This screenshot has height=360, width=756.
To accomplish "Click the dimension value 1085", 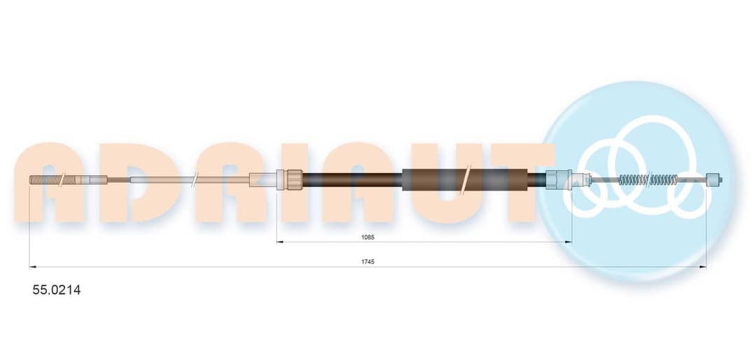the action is [x=368, y=237].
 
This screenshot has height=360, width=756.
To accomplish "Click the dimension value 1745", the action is [x=368, y=261].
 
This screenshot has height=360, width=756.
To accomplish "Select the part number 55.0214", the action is [x=57, y=290].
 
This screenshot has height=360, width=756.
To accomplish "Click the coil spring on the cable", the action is [x=648, y=180].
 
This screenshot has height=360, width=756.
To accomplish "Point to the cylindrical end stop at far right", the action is [x=713, y=180].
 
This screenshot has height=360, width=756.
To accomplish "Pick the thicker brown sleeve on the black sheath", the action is [x=465, y=180].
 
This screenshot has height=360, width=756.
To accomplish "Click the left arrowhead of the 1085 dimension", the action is [x=279, y=242].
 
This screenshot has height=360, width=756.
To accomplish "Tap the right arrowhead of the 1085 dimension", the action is [x=568, y=242].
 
